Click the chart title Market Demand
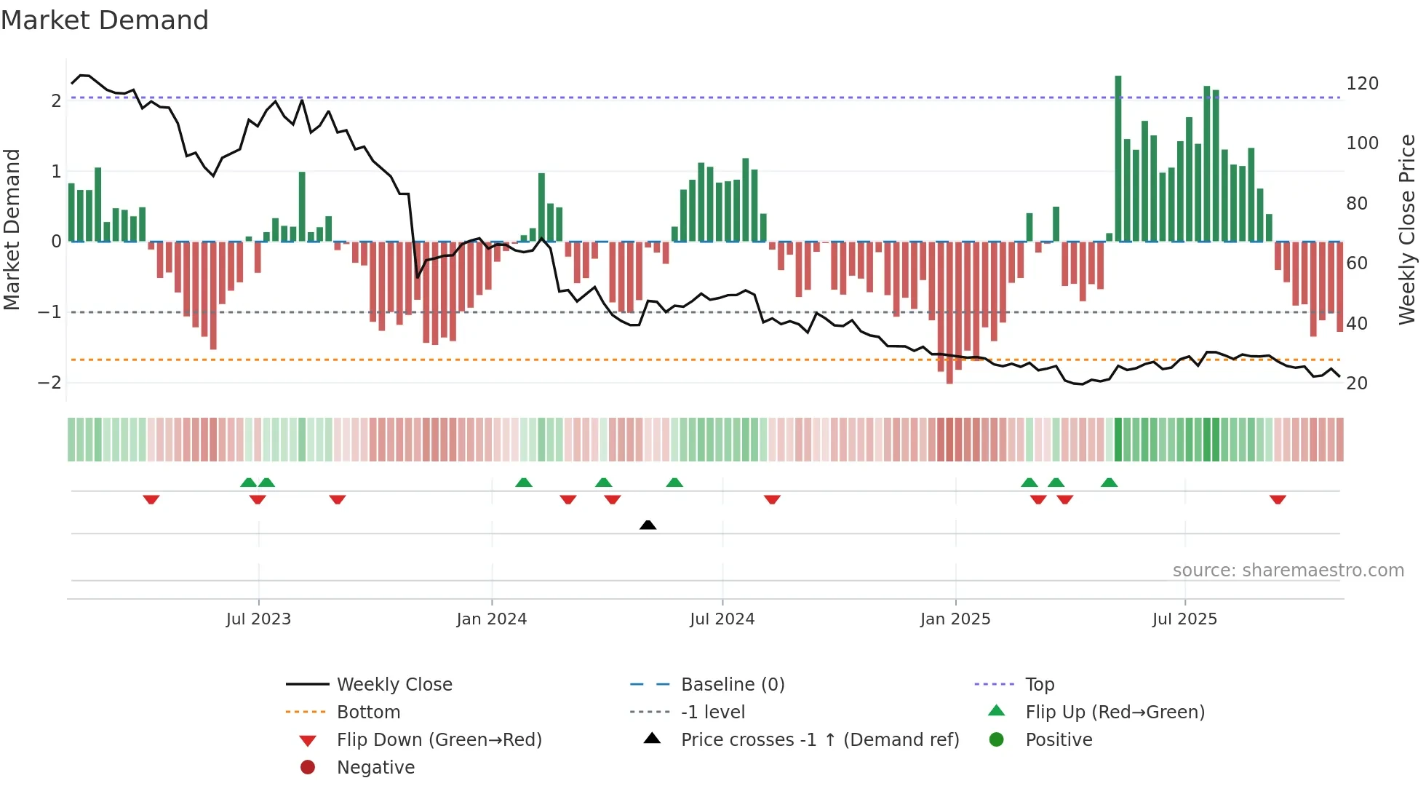coord(105,20)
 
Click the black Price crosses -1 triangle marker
coord(648,525)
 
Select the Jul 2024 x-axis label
coord(722,619)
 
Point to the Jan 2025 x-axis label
coord(955,619)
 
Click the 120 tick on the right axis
coord(1362,84)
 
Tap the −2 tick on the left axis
coord(49,383)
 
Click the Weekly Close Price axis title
coord(1407,229)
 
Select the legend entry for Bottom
coord(368,712)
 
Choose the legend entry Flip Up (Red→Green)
coord(1115,712)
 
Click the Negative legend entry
coord(375,768)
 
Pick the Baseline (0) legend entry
coord(733,685)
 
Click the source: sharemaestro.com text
coord(1288,571)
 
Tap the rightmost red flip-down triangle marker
coord(1278,499)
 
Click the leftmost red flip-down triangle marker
coord(151,499)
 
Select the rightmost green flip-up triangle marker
coord(1109,483)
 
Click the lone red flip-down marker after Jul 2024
coord(772,499)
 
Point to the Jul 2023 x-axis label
coord(258,619)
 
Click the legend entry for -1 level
coord(713,712)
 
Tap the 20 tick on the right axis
coord(1356,384)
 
